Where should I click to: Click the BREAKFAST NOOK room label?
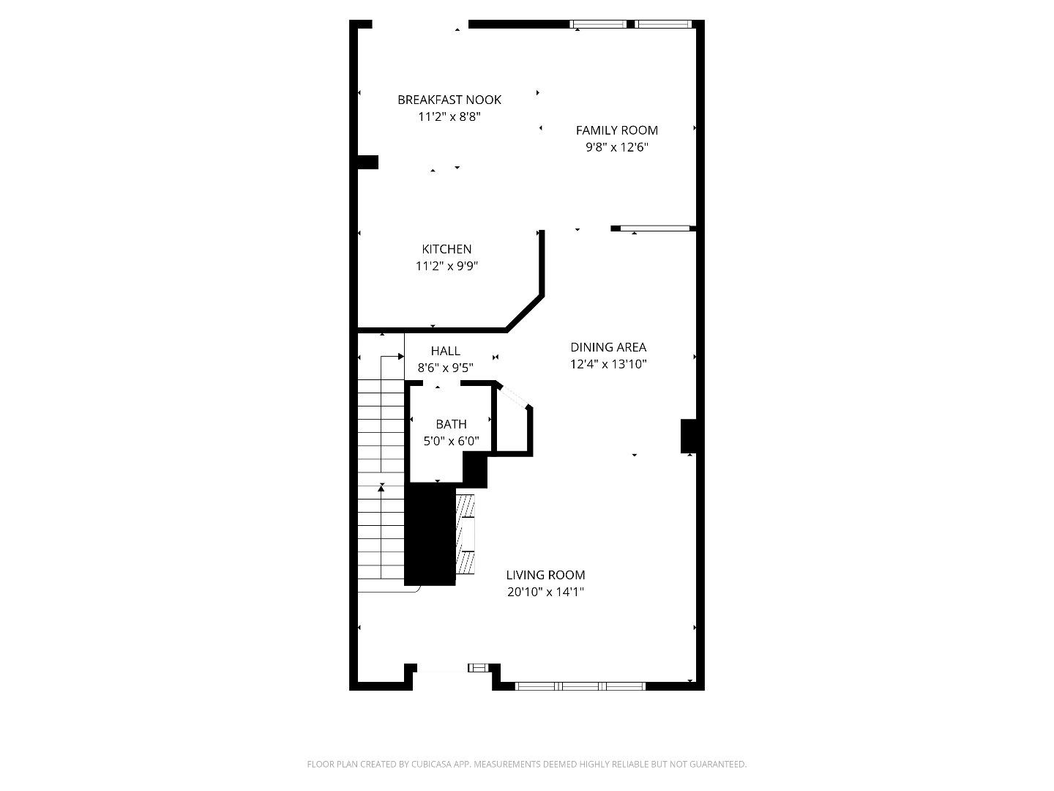coord(449,100)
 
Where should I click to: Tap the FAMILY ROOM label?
coord(616,130)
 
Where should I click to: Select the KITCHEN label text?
coord(446,249)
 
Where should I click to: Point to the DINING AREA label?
coord(608,347)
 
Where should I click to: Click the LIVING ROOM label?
coord(545,575)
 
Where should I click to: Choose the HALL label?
coord(445,351)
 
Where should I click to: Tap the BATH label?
coord(451,424)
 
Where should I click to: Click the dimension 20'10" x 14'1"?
coord(545,592)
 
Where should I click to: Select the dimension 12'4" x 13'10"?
coord(608,364)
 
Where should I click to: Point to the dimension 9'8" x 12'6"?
coord(616,147)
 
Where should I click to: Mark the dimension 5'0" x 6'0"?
coord(451,441)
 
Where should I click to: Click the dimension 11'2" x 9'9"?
coord(446,266)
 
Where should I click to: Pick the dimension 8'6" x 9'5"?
coord(445,368)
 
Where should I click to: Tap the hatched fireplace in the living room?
coord(466,535)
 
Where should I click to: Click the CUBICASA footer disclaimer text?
coord(526,764)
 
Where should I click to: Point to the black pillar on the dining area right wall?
coord(688,436)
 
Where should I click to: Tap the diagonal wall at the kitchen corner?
coord(524,313)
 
